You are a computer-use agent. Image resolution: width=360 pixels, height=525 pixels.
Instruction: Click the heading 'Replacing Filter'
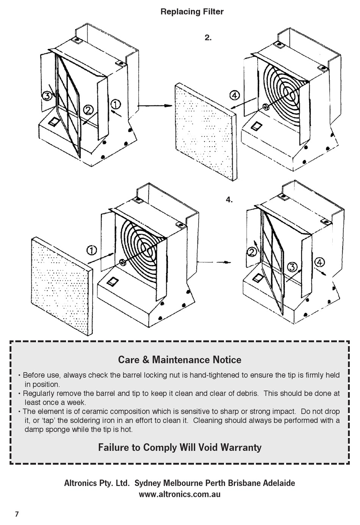[192, 12]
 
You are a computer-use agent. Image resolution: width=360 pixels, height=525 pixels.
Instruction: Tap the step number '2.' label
[208, 37]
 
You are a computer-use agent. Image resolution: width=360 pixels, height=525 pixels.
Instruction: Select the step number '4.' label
[229, 200]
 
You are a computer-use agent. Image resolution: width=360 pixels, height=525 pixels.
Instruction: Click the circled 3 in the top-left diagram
[47, 96]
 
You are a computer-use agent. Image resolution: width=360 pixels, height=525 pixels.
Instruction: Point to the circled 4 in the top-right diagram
[235, 95]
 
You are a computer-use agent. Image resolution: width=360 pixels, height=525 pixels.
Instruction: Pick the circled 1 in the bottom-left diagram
[92, 250]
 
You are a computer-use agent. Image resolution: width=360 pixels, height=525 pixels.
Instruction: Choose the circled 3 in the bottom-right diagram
[292, 267]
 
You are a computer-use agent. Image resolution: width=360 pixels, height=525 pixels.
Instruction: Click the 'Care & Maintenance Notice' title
[180, 359]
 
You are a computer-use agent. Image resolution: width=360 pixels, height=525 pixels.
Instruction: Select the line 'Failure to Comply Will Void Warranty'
[180, 447]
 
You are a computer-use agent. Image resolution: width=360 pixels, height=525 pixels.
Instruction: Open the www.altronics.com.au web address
[180, 494]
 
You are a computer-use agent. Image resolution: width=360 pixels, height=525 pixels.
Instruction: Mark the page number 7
[17, 514]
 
